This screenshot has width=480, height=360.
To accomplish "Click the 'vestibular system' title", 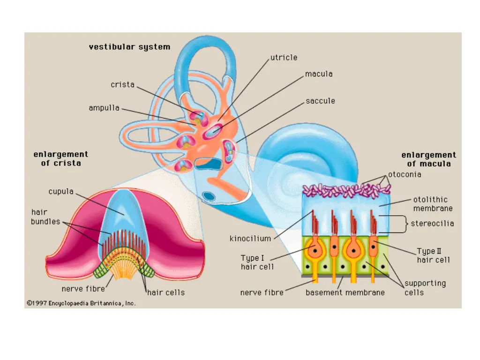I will point(129,47).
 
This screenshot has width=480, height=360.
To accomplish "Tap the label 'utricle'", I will point(284,58).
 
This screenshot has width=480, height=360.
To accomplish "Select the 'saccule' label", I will point(320,101).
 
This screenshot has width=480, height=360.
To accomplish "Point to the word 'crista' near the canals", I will point(122,85).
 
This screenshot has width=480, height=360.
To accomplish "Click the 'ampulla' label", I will point(104,108).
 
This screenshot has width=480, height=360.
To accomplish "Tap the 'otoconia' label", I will point(405,174).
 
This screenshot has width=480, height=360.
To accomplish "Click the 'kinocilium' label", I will point(250,239).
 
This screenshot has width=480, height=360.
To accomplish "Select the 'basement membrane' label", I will point(345,292).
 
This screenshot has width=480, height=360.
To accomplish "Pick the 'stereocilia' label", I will point(432,224).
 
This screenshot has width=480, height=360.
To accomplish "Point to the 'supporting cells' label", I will point(425,288).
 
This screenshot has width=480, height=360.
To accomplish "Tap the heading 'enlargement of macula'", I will point(428,159).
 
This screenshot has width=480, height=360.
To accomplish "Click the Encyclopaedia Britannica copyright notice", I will point(81,303).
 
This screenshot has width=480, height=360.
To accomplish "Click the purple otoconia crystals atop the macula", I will point(347,190).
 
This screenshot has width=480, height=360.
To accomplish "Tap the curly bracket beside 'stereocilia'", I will point(403,224).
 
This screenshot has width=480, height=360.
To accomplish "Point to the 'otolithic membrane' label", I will point(433,204).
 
